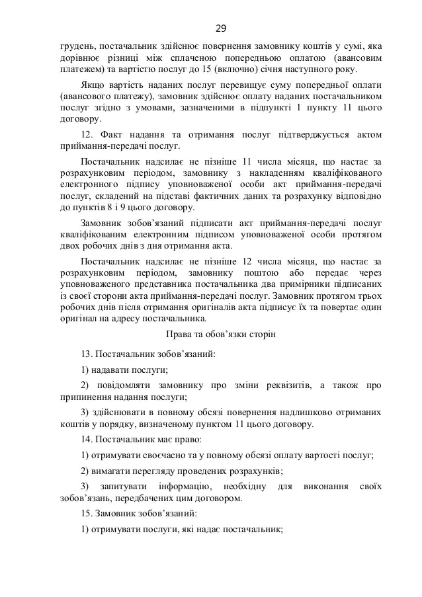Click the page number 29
pyautogui.click(x=221, y=28)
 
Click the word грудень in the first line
pyautogui.click(x=76, y=46)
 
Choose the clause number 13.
pyautogui.click(x=87, y=354)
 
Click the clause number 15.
pyautogui.click(x=87, y=514)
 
